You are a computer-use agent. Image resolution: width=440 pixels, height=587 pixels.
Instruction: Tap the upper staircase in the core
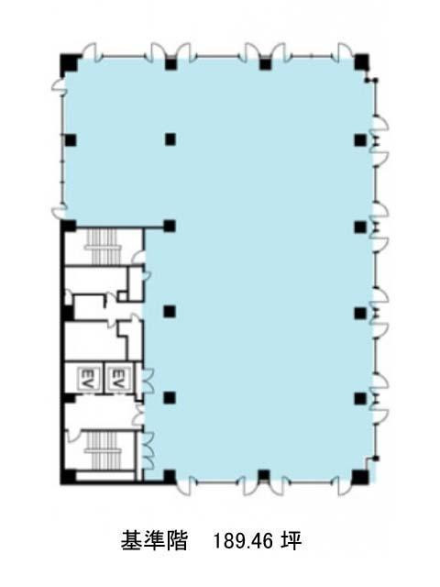click(102, 246)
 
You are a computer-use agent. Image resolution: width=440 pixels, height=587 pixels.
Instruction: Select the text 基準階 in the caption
click(154, 540)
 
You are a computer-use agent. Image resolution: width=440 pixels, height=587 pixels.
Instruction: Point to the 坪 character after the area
click(291, 540)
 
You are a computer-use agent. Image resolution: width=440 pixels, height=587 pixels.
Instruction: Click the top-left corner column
click(70, 63)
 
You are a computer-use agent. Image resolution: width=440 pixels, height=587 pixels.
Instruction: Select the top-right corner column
click(361, 63)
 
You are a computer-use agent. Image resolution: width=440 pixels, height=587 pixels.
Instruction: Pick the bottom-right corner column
click(360, 477)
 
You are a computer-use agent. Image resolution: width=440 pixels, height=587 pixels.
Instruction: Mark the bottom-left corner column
click(69, 477)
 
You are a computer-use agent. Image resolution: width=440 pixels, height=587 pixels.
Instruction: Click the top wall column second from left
click(170, 64)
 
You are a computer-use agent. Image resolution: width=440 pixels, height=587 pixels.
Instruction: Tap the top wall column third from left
click(265, 64)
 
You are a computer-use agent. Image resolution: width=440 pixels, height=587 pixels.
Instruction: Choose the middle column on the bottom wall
click(264, 475)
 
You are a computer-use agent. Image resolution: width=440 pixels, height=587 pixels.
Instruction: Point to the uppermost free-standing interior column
click(170, 139)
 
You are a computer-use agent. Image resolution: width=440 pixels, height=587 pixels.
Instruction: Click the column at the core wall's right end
click(170, 226)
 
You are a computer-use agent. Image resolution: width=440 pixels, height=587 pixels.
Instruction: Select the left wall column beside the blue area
click(71, 140)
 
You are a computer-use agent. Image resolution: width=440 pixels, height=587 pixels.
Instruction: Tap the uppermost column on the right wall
click(360, 140)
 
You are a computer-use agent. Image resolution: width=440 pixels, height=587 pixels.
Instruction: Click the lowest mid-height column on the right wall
click(360, 398)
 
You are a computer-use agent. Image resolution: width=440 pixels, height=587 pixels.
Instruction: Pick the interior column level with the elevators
click(170, 397)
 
